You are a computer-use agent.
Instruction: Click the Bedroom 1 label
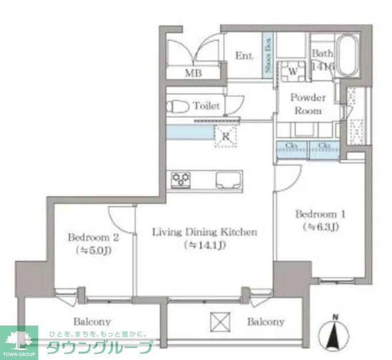coord(320,215)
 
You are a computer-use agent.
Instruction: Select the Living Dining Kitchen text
coord(204,233)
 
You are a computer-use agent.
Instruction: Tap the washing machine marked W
coord(292,72)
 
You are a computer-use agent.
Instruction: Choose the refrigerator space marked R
coord(225,137)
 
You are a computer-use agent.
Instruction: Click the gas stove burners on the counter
coord(182,180)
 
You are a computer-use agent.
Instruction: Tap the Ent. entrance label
coord(244,56)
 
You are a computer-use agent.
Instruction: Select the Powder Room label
coord(308,104)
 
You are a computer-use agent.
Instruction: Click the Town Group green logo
coord(18,342)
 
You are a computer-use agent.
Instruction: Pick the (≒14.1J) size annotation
coord(204,246)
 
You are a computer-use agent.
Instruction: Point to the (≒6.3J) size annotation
coord(320,227)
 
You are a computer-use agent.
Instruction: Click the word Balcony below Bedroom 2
coord(92,322)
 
